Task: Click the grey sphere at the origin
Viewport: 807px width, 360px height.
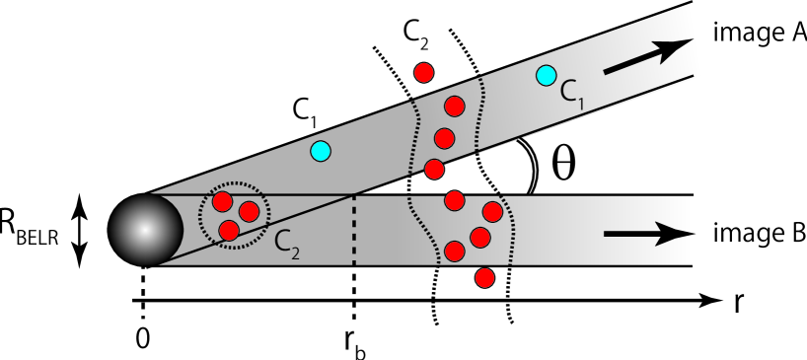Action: pos(144,230)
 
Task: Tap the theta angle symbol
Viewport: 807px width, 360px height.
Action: pos(562,164)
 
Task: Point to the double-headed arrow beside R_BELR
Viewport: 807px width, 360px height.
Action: pos(82,230)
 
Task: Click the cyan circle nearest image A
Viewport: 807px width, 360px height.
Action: pos(546,74)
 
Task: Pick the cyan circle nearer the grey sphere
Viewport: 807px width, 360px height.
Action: pos(320,151)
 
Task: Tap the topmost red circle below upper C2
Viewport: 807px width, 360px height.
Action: pos(424,71)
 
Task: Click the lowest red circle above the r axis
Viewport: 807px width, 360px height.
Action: pos(483,277)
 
